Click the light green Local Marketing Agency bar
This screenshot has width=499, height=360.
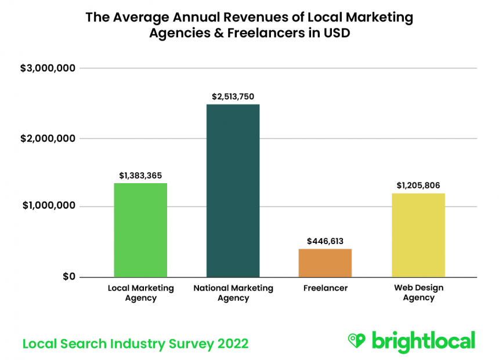coord(140,230)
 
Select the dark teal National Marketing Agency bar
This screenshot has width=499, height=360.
coord(233,191)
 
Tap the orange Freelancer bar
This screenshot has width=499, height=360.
coord(325,263)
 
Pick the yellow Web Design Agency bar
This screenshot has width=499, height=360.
coord(418,235)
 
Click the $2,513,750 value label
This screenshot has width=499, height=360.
coord(232,96)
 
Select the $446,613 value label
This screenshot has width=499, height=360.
coord(326,241)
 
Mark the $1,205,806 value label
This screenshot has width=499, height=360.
coord(418,185)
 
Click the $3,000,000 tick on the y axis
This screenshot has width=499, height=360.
coord(48,68)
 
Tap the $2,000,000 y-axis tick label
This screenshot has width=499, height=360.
coord(48,139)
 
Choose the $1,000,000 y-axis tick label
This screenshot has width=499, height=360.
coord(48,207)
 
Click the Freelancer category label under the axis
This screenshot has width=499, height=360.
coord(326,288)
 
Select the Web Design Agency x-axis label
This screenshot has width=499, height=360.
coord(418,293)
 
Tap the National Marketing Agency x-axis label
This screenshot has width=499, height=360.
coord(233,293)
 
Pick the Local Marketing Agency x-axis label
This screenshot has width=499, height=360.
coord(140,293)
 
